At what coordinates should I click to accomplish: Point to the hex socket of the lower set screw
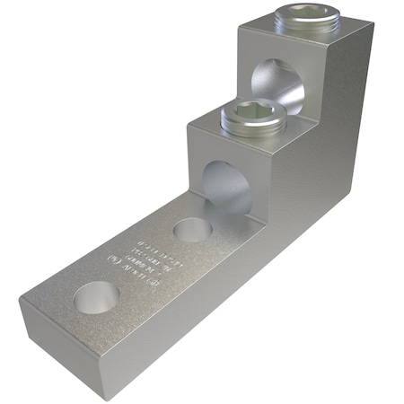coord(251,112)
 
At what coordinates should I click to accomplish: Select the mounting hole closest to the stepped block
coord(189,229)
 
